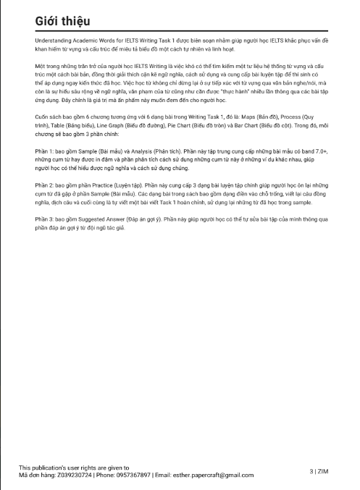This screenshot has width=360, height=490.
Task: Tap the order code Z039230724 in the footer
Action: point(71,475)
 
